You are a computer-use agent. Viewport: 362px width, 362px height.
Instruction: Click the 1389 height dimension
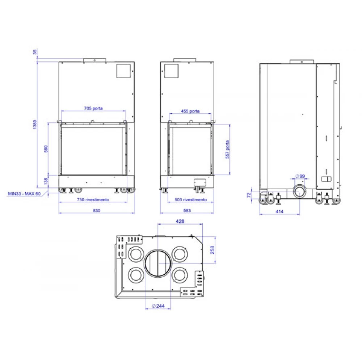(x=35, y=125)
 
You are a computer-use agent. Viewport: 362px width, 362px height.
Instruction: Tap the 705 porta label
(x=93, y=108)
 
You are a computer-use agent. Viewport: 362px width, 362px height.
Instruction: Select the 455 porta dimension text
(x=190, y=111)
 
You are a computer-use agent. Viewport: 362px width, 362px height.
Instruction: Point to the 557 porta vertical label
(x=227, y=150)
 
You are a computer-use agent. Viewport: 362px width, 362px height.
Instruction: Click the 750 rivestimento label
(x=93, y=200)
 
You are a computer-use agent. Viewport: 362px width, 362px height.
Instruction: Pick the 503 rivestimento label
(x=191, y=200)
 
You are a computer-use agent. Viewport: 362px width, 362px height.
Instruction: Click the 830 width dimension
(x=97, y=211)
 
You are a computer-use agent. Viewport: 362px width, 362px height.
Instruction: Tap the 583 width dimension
(x=187, y=211)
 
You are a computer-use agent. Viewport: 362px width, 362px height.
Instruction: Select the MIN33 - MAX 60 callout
(x=24, y=194)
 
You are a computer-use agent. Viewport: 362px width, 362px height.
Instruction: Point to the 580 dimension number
(x=46, y=149)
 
